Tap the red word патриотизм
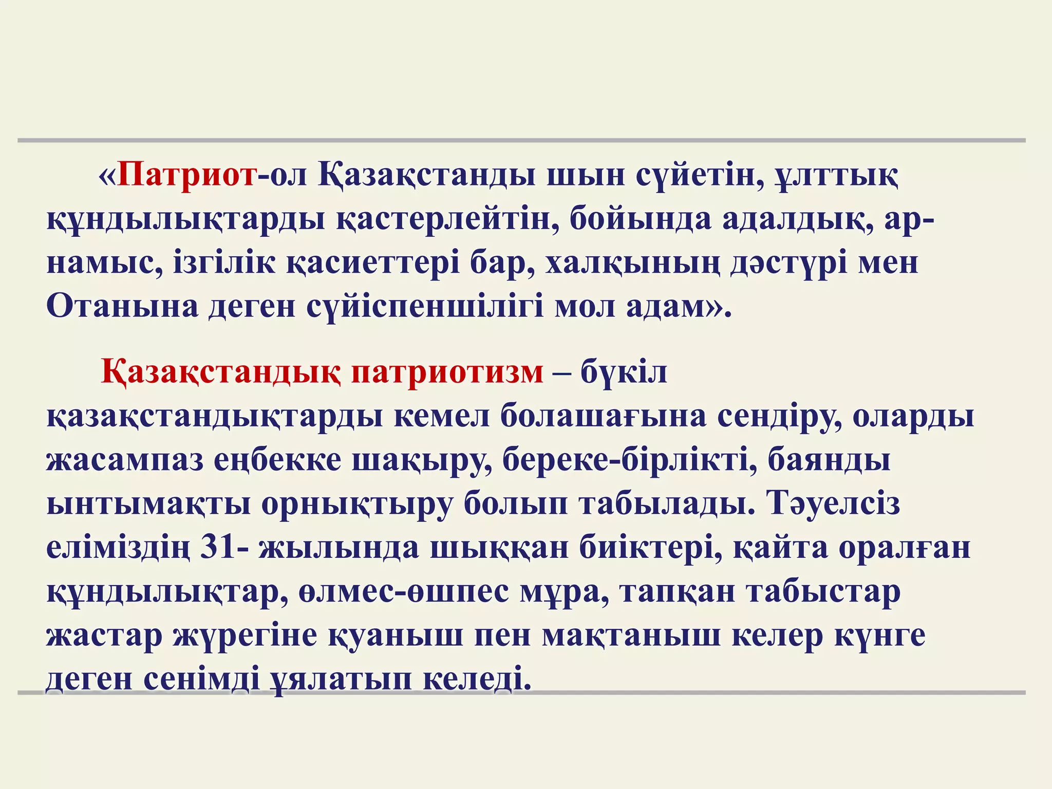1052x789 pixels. (447, 372)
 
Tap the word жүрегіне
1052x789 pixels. (245, 635)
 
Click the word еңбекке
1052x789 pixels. (277, 460)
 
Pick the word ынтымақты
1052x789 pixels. (148, 503)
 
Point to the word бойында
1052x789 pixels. (640, 219)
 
